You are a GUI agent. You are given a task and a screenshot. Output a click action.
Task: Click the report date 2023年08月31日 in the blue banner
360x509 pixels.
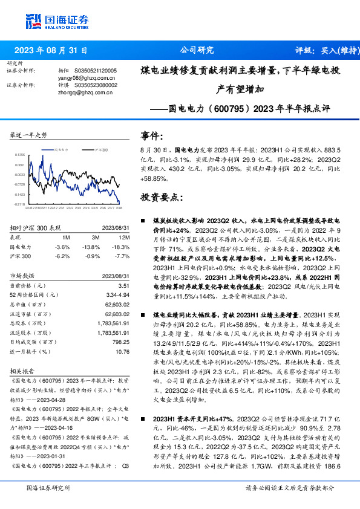pyautogui.click(x=50, y=51)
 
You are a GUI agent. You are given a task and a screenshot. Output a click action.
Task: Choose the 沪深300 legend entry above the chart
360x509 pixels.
pyautogui.click(x=100, y=149)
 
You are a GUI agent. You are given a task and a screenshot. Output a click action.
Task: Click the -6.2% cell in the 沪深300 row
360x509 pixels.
pyautogui.click(x=62, y=256)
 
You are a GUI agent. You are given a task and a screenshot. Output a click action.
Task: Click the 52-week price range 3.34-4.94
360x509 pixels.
pyautogui.click(x=117, y=294)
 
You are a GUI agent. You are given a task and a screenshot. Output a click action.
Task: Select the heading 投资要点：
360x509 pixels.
pyautogui.click(x=161, y=197)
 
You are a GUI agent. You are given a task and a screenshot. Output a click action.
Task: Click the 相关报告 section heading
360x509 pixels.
pyautogui.click(x=24, y=371)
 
